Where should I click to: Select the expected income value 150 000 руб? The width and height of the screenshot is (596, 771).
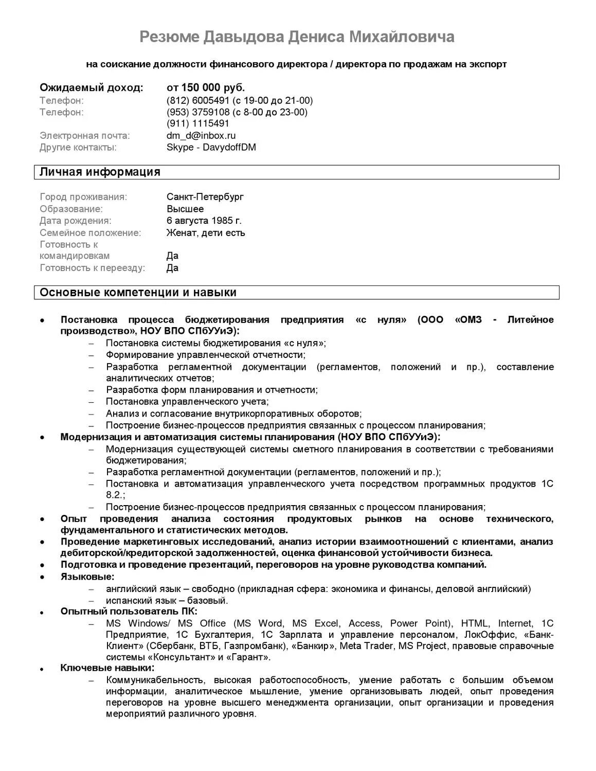tap(212, 87)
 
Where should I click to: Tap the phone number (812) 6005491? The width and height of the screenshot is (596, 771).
tap(198, 100)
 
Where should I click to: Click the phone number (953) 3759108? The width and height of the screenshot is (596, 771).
tap(198, 112)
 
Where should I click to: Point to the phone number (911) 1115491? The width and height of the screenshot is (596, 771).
tap(198, 123)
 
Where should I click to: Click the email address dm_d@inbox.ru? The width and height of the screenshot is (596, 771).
tap(201, 136)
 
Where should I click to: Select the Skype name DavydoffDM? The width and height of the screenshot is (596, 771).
tap(229, 148)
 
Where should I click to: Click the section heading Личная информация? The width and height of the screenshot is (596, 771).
tap(100, 172)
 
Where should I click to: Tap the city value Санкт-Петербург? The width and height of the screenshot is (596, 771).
tap(205, 197)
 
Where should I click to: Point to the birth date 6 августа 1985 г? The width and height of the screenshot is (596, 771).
tap(204, 221)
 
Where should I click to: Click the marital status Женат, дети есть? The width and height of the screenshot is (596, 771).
tap(206, 232)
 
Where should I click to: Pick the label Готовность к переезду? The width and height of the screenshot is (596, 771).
tap(93, 268)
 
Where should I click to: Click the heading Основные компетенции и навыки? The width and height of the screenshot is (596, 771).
tap(138, 293)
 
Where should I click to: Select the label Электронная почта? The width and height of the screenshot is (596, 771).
tap(85, 136)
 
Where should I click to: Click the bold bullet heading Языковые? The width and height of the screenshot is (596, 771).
tap(87, 577)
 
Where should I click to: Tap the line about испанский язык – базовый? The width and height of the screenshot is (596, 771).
tap(167, 600)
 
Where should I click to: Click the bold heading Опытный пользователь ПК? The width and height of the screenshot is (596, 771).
tap(129, 612)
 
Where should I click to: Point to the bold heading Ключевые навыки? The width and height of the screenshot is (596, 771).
tap(107, 668)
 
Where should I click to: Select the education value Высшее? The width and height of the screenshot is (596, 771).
tap(185, 209)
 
